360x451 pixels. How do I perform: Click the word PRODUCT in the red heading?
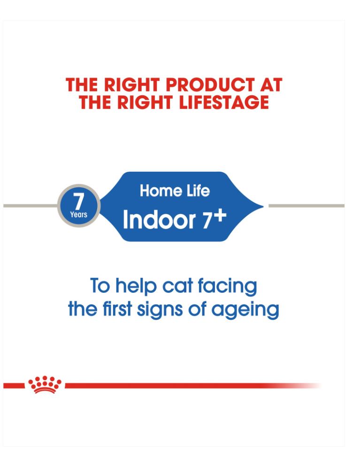pos(210,85)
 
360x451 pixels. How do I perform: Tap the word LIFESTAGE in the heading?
pos(224,103)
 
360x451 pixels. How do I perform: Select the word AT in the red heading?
pos(271,85)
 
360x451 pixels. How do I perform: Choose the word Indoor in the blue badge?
pos(159,220)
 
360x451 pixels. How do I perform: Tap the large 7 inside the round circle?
pos(78,201)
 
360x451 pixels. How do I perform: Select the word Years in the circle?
pos(78,214)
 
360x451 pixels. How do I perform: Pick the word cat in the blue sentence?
pos(177,286)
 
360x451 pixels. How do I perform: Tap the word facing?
pos(227,286)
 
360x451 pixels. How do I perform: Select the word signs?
pos(160,309)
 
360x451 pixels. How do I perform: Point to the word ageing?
pos(245,310)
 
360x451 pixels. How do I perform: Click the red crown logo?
pos(45,384)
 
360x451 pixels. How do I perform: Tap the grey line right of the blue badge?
pos(306,206)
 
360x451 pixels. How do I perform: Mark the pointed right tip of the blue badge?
pos(263,206)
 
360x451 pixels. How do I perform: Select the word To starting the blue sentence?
pos(100,286)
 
